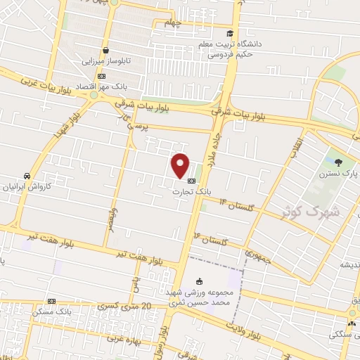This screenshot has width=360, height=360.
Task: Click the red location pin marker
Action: [181, 165]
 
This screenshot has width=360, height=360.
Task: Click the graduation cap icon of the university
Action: [229, 33]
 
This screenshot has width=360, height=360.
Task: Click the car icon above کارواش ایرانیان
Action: [26, 176]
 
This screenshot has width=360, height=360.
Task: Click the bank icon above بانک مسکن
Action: [51, 300]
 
